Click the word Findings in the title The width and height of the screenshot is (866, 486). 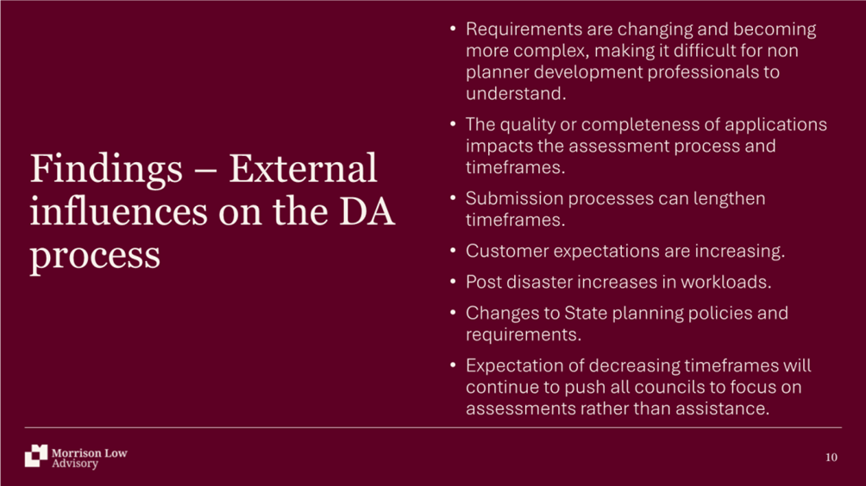click(x=106, y=170)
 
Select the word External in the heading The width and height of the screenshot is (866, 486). click(x=304, y=168)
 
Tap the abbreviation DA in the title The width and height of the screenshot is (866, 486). click(x=367, y=212)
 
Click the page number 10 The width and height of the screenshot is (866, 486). click(x=831, y=458)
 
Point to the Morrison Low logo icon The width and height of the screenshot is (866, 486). click(x=36, y=456)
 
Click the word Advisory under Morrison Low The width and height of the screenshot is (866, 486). click(x=75, y=464)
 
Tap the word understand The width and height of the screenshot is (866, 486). click(x=516, y=93)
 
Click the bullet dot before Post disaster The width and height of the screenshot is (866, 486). click(x=453, y=281)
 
